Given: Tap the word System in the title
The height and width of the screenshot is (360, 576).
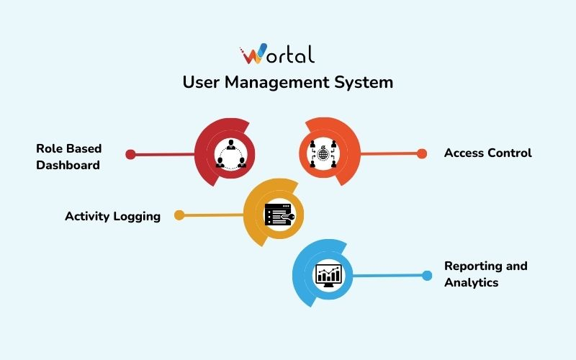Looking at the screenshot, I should (x=364, y=82).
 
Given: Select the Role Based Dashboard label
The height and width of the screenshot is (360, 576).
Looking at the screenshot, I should (x=69, y=156).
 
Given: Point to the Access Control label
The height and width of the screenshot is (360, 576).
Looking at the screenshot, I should (x=487, y=153).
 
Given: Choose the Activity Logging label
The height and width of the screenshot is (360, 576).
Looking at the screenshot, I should (x=112, y=216).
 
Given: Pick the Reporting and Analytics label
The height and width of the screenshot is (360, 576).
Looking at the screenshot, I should (x=485, y=274).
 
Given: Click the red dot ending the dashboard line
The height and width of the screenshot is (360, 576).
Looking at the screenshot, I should (x=130, y=154).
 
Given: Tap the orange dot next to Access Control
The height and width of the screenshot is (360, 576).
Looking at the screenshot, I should (x=422, y=153).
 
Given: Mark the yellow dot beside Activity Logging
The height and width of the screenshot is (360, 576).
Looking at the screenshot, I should (x=179, y=215).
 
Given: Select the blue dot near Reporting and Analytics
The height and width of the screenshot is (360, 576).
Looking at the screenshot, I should (x=427, y=275).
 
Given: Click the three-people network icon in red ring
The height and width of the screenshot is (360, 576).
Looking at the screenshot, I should (x=231, y=153).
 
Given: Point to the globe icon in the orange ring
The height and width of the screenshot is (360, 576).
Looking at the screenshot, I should (x=323, y=153).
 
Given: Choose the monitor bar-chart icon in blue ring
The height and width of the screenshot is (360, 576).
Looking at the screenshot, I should (x=329, y=274).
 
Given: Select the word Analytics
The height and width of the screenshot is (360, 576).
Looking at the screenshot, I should (x=471, y=282).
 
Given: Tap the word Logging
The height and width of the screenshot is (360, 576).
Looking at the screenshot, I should (x=137, y=216).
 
